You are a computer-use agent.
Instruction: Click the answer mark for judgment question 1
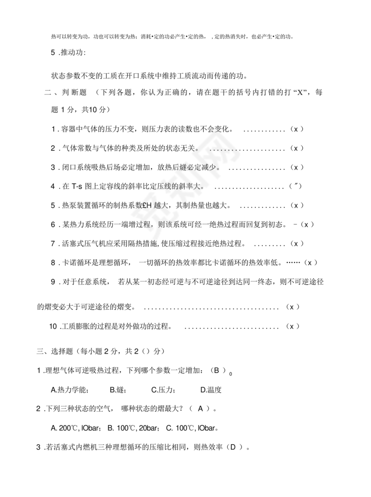point(296,129)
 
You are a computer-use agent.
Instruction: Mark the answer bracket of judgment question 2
point(296,148)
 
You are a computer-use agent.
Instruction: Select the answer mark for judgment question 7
point(296,244)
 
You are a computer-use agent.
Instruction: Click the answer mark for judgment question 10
point(292,326)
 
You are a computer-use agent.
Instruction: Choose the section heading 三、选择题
point(55,352)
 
